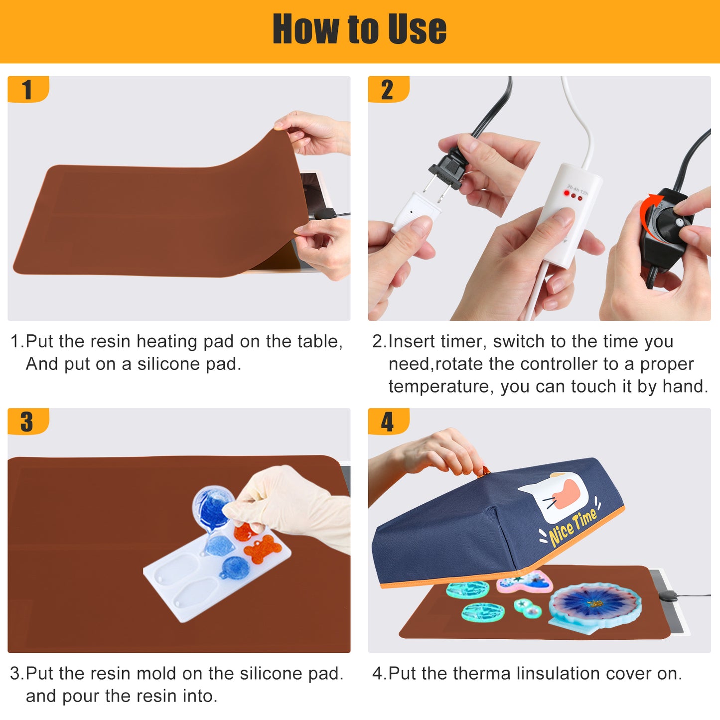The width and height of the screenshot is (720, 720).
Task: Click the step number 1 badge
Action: pos(28,89)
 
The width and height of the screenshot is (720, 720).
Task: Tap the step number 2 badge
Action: pos(388,89)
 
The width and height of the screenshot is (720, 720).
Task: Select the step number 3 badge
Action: pos(28,422)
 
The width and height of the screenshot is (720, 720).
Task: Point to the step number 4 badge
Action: pos(388,422)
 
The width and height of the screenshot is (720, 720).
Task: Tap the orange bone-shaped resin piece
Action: pos(262,549)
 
